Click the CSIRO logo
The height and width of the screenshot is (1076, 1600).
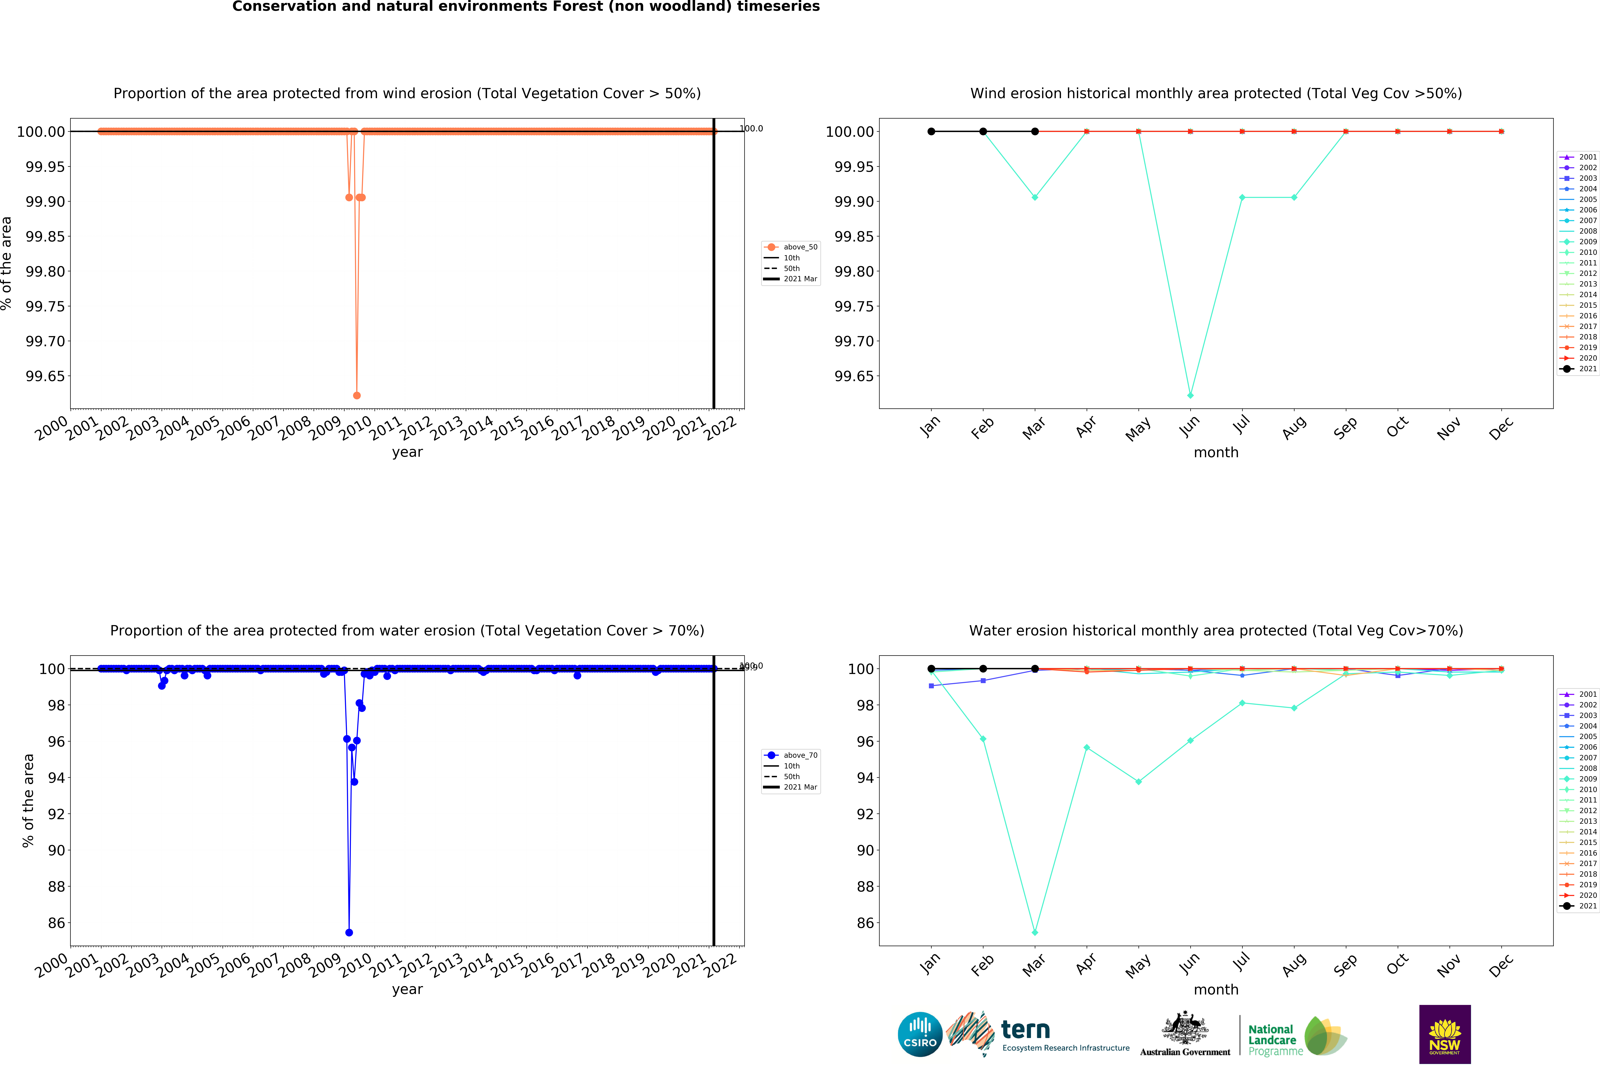coord(920,1034)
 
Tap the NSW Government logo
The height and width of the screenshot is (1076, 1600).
coord(1444,1034)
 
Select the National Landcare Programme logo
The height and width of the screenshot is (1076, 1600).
coord(1296,1036)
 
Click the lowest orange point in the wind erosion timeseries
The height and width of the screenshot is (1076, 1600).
coord(357,395)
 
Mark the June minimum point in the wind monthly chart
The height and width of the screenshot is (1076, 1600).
coord(1190,395)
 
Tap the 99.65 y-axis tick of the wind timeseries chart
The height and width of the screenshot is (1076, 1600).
coord(45,376)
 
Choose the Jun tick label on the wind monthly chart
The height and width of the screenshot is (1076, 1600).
coord(1190,427)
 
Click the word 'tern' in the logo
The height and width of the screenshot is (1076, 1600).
coord(1025,1029)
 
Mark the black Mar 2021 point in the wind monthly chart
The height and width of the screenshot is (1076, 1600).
coord(1035,131)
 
